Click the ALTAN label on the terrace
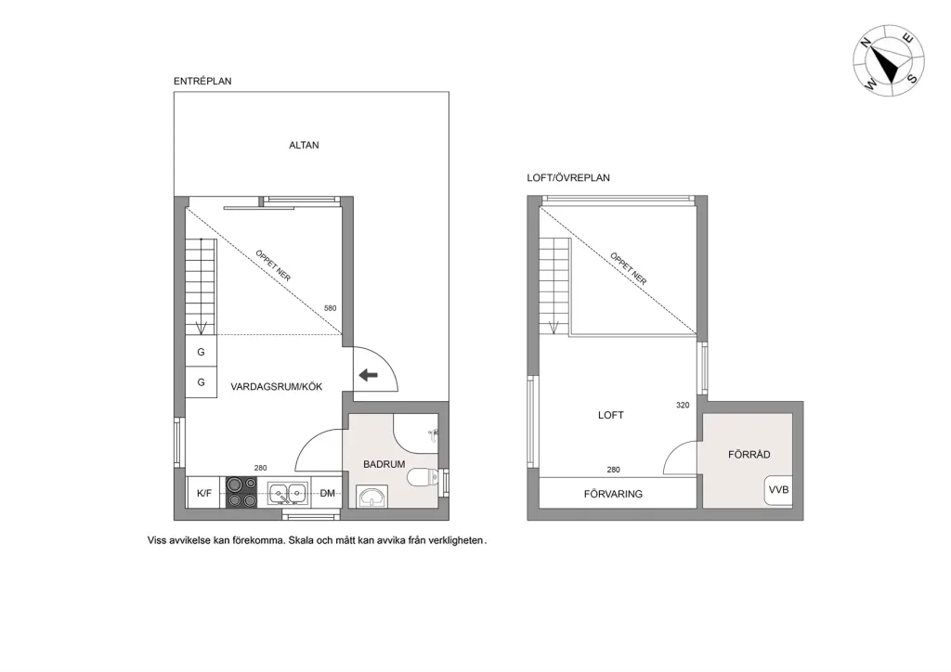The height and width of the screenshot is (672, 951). coord(304,145)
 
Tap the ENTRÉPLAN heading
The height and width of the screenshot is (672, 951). coord(202,82)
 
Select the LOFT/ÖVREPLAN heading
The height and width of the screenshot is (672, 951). coord(568,178)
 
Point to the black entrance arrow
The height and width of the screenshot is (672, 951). coord(369,375)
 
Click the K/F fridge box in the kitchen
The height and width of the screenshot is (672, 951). coord(204,494)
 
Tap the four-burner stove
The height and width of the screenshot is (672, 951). coord(242,492)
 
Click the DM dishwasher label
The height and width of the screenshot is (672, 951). coord(327,494)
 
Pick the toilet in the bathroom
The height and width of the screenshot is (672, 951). coord(423,479)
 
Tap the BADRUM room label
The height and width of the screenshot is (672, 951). coord(384,463)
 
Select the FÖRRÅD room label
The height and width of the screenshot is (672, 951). coord(749,454)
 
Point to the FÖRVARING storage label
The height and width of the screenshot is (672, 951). coord(613,494)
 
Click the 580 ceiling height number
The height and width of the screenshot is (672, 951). coord(330,308)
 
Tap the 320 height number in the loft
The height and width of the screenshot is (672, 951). coord(683,406)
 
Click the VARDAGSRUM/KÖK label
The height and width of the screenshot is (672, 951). coord(277,387)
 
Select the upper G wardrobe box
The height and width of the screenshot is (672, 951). coord(201,353)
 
